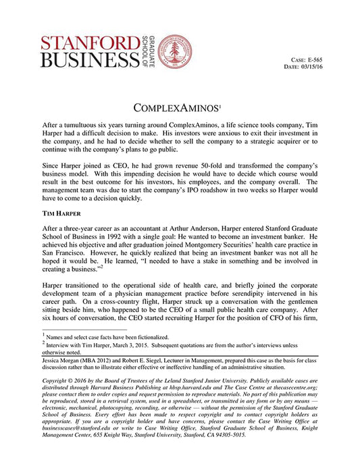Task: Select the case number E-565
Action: point(334,59)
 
